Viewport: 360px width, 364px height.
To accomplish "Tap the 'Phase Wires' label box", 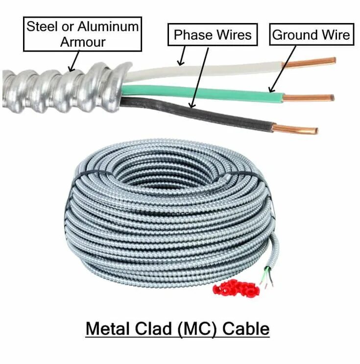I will [213, 35].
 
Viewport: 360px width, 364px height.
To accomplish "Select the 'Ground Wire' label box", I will [311, 35].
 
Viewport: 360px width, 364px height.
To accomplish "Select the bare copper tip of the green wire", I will [309, 97].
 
